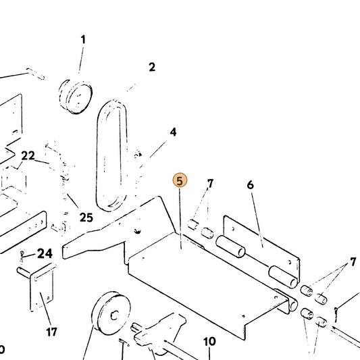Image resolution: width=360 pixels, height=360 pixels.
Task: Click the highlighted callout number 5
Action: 180,180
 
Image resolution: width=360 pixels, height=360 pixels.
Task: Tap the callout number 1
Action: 83,39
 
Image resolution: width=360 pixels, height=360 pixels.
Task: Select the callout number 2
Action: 152,67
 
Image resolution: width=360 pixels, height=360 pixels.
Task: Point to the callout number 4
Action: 173,132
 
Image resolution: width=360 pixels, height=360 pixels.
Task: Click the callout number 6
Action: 251,184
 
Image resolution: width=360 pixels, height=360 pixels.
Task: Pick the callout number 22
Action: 28,155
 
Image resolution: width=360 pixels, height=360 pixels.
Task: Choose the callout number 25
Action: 86,217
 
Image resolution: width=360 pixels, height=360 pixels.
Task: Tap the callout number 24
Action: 45,253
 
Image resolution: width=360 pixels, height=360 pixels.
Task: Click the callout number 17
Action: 51,332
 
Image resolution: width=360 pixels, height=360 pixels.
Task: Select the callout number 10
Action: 209,342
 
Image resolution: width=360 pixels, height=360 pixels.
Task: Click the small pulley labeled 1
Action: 75,97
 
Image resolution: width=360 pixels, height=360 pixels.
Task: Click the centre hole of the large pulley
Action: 115,315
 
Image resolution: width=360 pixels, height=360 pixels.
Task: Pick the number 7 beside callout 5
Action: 210,184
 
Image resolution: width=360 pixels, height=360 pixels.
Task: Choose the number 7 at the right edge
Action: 353,262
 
